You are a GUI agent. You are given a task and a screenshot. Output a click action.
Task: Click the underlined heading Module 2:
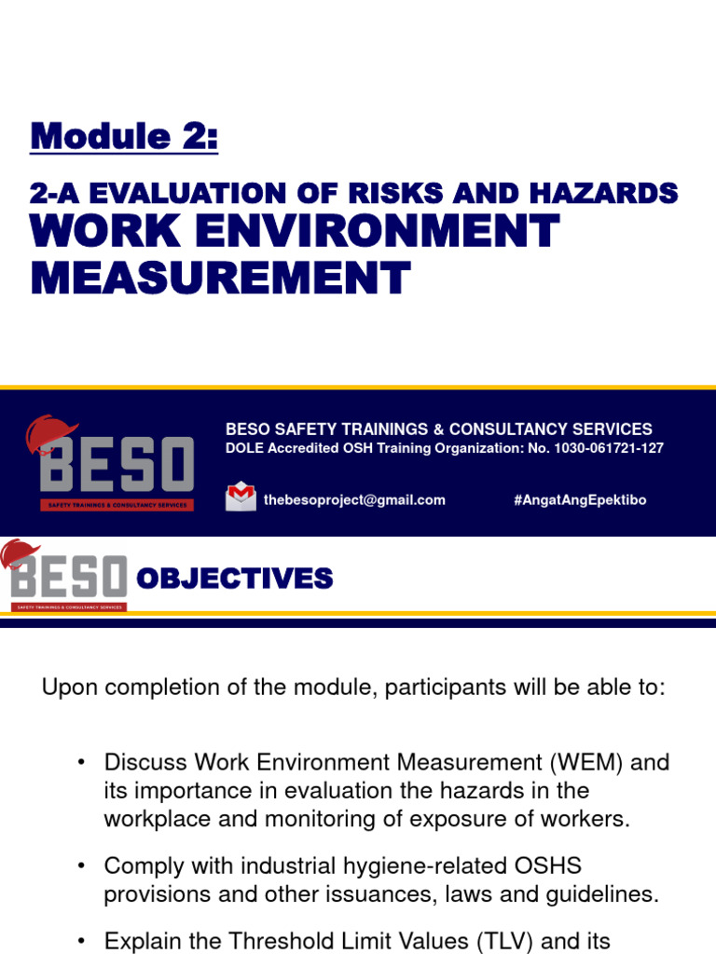point(124,137)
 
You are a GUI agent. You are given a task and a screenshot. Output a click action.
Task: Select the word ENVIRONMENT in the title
point(373,231)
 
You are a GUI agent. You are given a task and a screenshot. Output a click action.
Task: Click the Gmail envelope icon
point(241,497)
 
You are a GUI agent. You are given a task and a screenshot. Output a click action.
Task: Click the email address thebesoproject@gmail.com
point(354,500)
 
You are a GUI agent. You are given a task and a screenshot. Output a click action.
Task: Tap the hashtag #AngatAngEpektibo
point(579,500)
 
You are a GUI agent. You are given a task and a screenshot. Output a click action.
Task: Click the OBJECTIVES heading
point(234,579)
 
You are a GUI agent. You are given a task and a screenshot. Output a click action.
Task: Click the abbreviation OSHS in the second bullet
point(544,865)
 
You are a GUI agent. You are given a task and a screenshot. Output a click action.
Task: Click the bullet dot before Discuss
point(82,763)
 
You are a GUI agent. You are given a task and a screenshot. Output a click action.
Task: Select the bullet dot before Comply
point(82,866)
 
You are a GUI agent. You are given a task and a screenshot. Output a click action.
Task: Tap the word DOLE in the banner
point(244,448)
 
